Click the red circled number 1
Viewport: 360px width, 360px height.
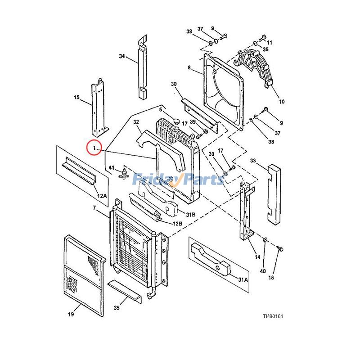click(x=94, y=148)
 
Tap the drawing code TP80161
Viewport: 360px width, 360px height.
click(x=273, y=316)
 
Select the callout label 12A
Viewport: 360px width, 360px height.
click(x=102, y=196)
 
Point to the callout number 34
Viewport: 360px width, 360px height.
click(x=121, y=56)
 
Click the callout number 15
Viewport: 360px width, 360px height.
click(x=76, y=97)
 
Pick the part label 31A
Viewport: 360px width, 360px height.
click(x=243, y=279)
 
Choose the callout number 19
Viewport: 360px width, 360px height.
click(x=71, y=314)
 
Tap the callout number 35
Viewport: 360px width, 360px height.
click(x=117, y=308)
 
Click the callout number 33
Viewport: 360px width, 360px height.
click(x=253, y=161)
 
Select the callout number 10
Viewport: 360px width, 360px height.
click(x=282, y=101)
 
